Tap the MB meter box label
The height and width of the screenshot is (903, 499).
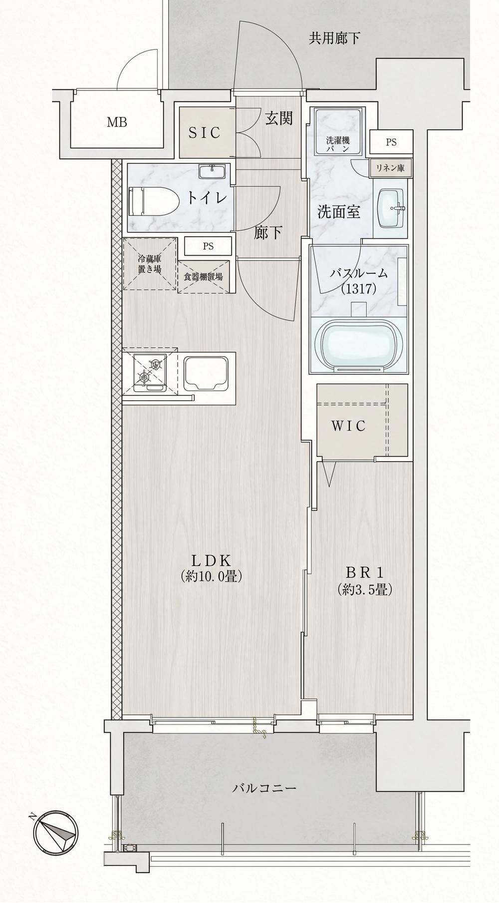117,122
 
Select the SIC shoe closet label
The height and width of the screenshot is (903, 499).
204,132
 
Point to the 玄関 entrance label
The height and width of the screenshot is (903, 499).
278,118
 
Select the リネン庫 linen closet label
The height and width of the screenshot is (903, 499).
391,168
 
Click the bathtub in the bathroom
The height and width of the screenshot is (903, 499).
359,344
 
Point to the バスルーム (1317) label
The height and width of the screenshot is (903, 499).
358,281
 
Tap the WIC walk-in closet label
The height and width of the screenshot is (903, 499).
349,426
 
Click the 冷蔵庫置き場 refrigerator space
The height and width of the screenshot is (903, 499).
150,264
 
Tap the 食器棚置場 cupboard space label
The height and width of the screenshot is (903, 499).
203,277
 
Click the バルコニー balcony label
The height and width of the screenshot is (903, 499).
264,789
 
